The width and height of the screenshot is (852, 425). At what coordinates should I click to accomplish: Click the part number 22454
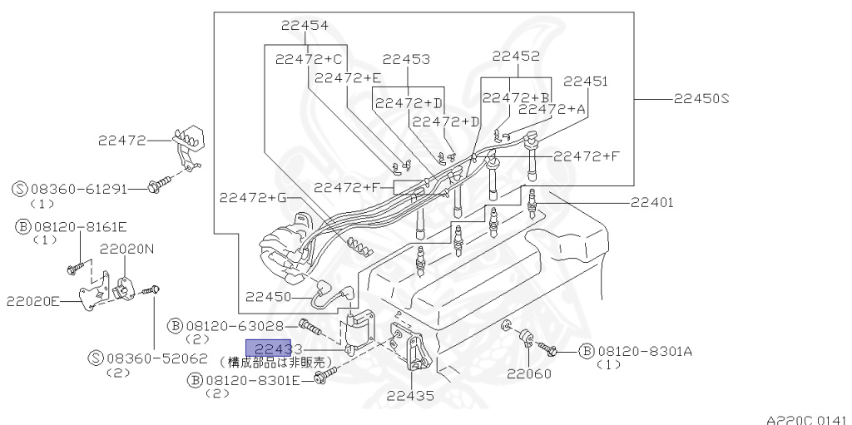tap(304, 26)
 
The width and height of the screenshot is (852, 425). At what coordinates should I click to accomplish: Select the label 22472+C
tap(309, 59)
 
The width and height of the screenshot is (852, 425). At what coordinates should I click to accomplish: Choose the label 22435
tap(409, 396)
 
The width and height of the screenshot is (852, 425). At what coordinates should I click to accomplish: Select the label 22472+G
tap(252, 197)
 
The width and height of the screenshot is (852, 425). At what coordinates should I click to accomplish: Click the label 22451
tap(586, 82)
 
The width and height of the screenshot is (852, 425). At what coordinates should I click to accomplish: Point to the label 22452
tap(515, 57)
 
